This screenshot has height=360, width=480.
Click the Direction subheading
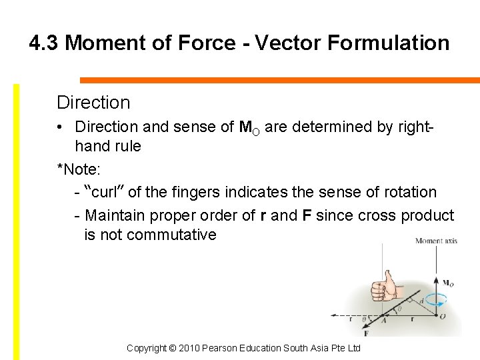93,103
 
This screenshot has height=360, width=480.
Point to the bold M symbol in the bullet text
244,127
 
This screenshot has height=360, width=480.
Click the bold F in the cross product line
307,215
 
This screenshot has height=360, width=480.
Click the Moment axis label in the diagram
436,241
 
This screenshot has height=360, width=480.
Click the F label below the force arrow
367,332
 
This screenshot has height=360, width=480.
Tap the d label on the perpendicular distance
421,301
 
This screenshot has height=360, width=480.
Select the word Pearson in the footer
223,349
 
